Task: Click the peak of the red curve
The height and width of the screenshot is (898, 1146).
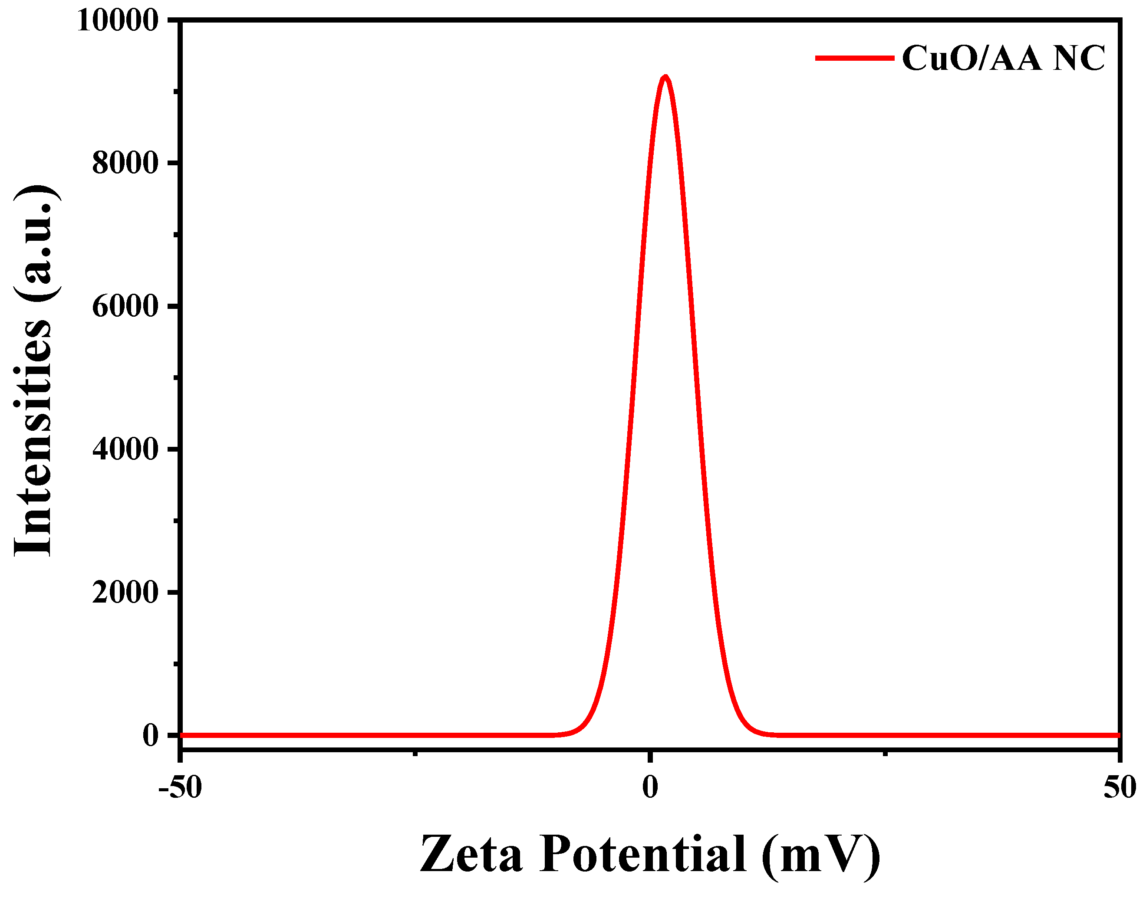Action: coord(665,77)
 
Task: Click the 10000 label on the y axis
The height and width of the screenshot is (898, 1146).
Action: coord(117,21)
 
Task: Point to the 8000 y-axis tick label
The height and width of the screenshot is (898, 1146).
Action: coord(125,164)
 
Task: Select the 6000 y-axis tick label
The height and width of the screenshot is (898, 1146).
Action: coord(125,307)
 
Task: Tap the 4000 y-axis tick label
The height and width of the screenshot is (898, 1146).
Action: coord(125,449)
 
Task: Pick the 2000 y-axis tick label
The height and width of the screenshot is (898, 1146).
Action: coord(125,593)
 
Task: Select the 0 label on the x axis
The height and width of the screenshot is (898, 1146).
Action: coord(650,787)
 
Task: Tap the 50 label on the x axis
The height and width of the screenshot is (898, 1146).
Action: coord(1120,787)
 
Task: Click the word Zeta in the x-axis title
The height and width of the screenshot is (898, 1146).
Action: coord(471,854)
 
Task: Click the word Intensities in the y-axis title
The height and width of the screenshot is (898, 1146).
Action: coord(33,436)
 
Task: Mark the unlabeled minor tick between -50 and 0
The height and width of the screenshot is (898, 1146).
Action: coord(415,754)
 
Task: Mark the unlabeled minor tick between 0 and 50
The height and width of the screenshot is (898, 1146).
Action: coord(885,754)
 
